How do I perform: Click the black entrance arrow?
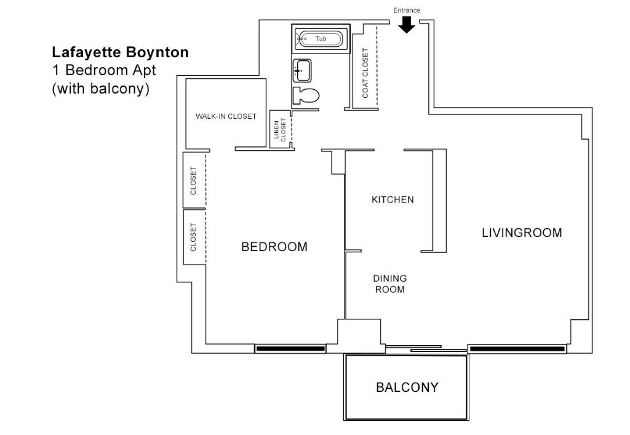407,25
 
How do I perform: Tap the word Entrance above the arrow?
407,10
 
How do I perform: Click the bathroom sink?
301,70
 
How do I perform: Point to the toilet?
307,96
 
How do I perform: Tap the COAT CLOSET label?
365,73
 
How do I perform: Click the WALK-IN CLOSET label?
226,116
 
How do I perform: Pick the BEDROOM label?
274,247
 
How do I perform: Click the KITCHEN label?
393,200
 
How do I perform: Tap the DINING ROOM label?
391,284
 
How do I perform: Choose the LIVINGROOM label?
522,233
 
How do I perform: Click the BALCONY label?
407,388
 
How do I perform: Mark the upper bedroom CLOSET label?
193,180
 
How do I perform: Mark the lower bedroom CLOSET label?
193,237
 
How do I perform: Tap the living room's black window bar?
517,349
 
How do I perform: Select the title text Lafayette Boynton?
120,53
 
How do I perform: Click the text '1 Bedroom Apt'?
104,70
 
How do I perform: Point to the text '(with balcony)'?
101,88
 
